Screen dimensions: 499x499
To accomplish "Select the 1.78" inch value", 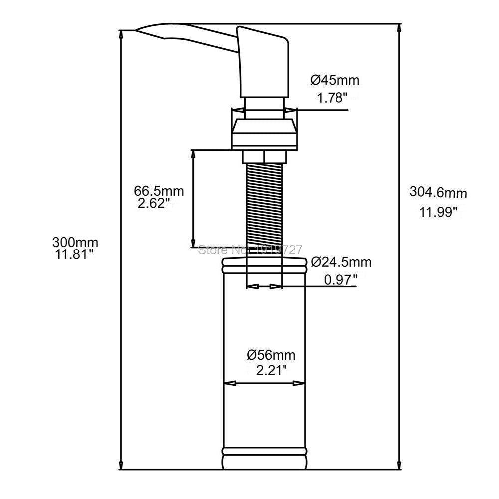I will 332,98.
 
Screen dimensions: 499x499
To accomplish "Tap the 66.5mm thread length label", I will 159,191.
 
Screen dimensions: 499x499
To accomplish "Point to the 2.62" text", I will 155,203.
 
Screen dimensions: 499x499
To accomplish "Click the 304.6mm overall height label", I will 438,192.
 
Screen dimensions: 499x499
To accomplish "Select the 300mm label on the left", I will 75,243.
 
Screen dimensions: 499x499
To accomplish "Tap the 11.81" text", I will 74,255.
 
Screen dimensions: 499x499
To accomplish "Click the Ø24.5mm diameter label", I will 341,262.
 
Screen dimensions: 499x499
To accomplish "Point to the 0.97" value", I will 341,279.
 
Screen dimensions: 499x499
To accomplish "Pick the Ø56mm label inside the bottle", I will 271,355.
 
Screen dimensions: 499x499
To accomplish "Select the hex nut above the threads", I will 264,156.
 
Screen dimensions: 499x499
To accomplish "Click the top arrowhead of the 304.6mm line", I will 399,28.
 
